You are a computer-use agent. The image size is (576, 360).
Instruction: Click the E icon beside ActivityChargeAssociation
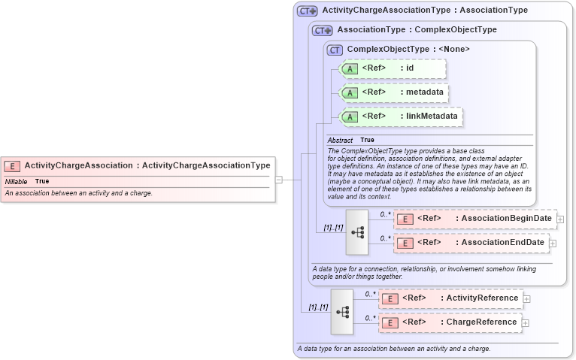tap(13, 165)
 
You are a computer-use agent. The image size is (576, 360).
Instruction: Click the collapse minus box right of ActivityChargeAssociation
tap(278, 180)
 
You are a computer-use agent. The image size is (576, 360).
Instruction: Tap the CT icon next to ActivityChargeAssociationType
tap(307, 11)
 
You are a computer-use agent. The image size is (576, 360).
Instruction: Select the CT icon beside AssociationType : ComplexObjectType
tap(323, 31)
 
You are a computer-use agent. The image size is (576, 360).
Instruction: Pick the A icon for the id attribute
tap(350, 69)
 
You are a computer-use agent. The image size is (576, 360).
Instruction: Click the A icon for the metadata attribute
tap(350, 92)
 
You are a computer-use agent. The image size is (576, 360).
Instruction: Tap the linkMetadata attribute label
tap(429, 116)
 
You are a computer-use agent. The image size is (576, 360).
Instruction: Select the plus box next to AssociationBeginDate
tap(560, 219)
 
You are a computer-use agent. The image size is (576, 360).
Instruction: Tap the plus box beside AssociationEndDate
tap(553, 244)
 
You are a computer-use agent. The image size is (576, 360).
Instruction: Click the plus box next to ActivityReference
tap(526, 299)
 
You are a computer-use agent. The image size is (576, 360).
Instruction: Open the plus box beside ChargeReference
tap(526, 323)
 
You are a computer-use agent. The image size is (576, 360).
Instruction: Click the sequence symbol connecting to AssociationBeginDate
tap(357, 232)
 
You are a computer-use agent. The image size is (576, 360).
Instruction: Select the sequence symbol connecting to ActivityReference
tap(341, 312)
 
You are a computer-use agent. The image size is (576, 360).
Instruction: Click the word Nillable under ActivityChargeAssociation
tap(17, 182)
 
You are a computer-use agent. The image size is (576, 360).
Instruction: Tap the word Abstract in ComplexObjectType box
tap(340, 141)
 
